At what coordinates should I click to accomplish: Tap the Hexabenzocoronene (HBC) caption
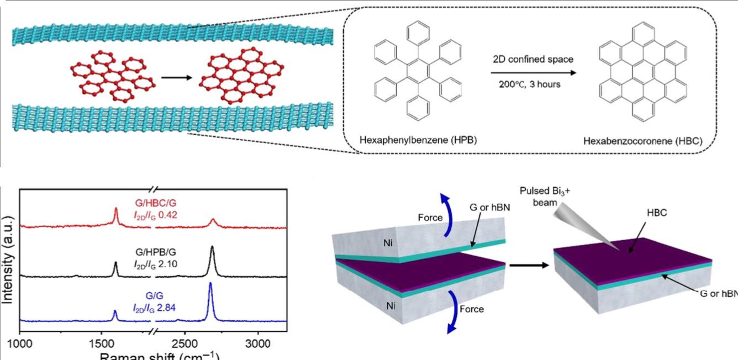pos(642,141)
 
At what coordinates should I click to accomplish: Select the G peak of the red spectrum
pos(115,211)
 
